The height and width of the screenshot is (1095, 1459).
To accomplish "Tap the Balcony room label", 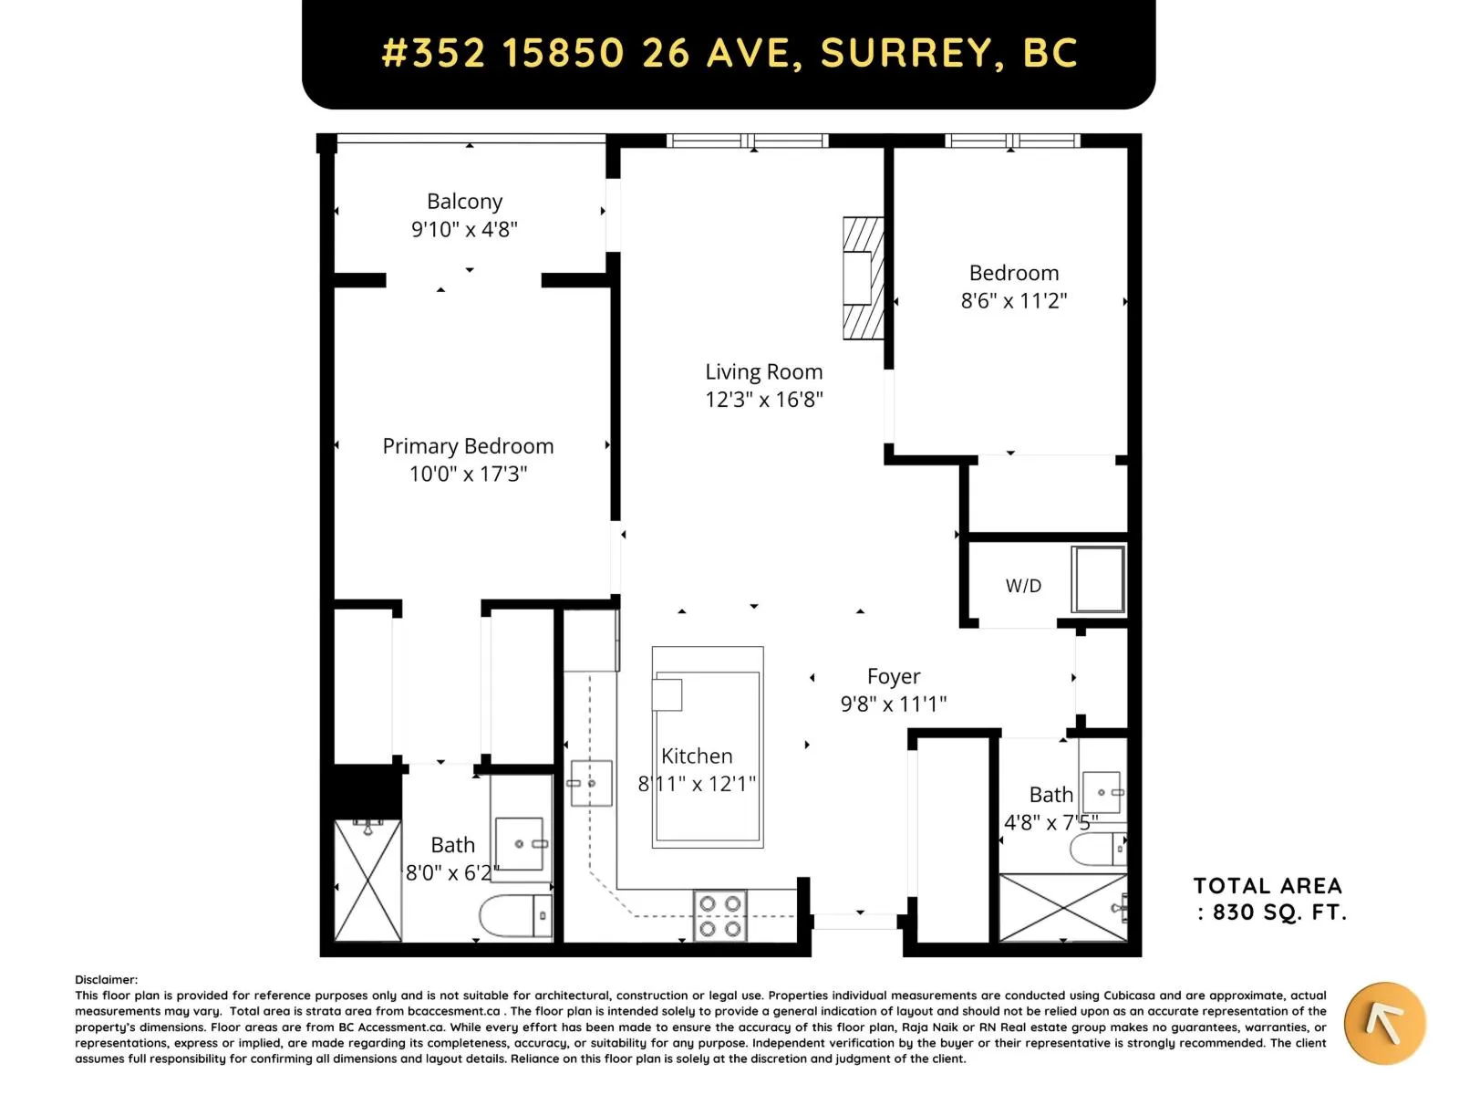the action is point(464,201).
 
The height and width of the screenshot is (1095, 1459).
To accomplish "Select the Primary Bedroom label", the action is point(467,445).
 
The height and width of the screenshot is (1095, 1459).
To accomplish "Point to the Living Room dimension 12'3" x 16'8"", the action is point(763,400).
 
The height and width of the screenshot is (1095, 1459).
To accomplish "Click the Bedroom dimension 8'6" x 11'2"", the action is point(1013,300).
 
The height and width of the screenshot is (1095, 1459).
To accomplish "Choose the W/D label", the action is point(1023,586).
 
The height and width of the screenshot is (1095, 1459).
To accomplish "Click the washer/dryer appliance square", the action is point(1097,579).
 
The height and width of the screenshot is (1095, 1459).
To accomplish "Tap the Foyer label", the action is point(893,676).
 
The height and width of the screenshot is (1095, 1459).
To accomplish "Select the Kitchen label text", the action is point(696,756).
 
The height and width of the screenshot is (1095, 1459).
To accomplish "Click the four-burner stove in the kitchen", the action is point(719,915).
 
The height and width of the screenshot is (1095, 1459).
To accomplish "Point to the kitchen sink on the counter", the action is point(590,783).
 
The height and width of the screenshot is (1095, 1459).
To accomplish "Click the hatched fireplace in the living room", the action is point(863,278).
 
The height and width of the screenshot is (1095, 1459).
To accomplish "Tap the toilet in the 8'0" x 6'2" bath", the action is point(515,915).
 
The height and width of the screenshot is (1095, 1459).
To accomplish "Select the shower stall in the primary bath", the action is point(367,881).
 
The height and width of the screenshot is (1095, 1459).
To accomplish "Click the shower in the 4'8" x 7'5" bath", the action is point(1062,907).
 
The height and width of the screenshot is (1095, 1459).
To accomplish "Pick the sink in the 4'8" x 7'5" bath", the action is point(1102,792).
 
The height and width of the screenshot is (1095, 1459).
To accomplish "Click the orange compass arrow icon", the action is point(1384,1024).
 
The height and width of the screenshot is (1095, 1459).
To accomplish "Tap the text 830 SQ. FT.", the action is point(1278,912).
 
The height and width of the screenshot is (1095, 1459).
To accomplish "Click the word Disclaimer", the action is point(106,979).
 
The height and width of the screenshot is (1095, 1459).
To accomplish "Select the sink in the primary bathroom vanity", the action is point(520,844).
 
